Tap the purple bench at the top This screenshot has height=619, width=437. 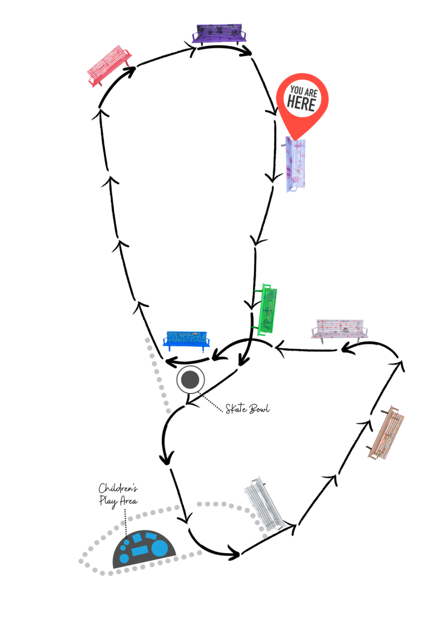pos(219,34)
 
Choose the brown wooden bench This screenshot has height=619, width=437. pos(386,430)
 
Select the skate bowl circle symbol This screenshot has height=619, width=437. pos(191,380)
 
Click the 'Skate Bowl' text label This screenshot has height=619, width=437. pos(247,409)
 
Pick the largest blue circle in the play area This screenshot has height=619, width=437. pos(159,548)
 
